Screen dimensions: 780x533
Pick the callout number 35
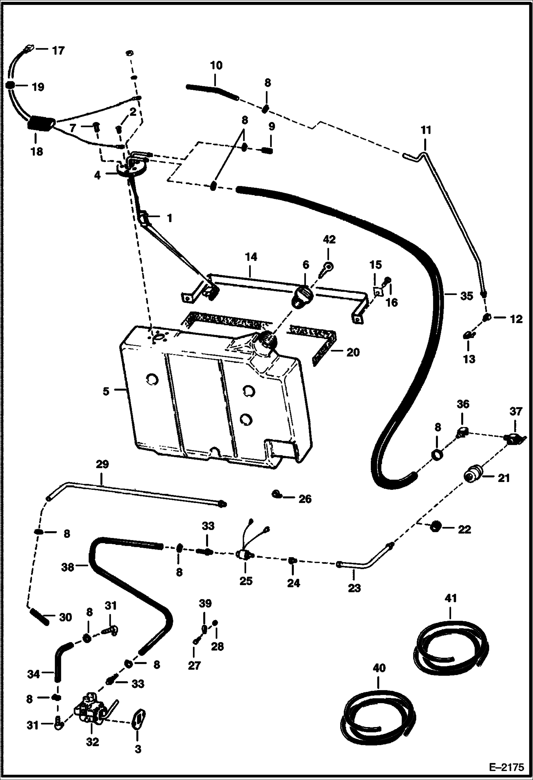pos(466,296)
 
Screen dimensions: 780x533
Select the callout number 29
pos(102,465)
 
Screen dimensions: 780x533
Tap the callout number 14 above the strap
pos(251,257)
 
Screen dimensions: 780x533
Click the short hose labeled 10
pos(212,90)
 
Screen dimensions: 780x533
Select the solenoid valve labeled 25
pos(245,555)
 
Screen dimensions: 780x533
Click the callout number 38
pos(68,567)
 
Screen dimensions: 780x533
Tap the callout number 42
pos(329,240)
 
